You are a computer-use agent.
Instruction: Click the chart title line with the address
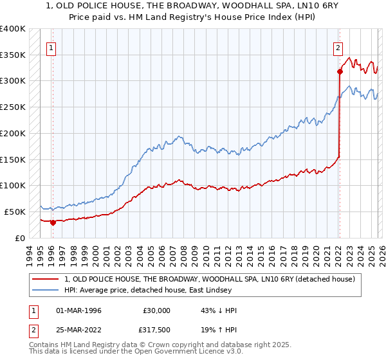pos(192,7)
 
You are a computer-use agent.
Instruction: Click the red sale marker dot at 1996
pos(53,223)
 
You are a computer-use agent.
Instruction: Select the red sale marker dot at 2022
pos(339,72)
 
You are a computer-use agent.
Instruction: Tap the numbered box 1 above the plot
pos(50,46)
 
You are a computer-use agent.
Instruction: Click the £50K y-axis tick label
pos(15,212)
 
